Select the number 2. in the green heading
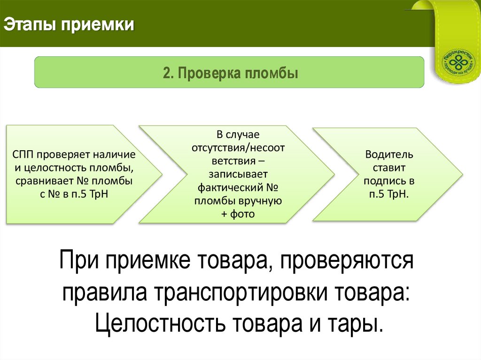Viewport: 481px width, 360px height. (x=169, y=74)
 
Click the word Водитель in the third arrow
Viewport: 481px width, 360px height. (x=389, y=154)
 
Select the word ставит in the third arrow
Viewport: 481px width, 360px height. (x=389, y=168)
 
